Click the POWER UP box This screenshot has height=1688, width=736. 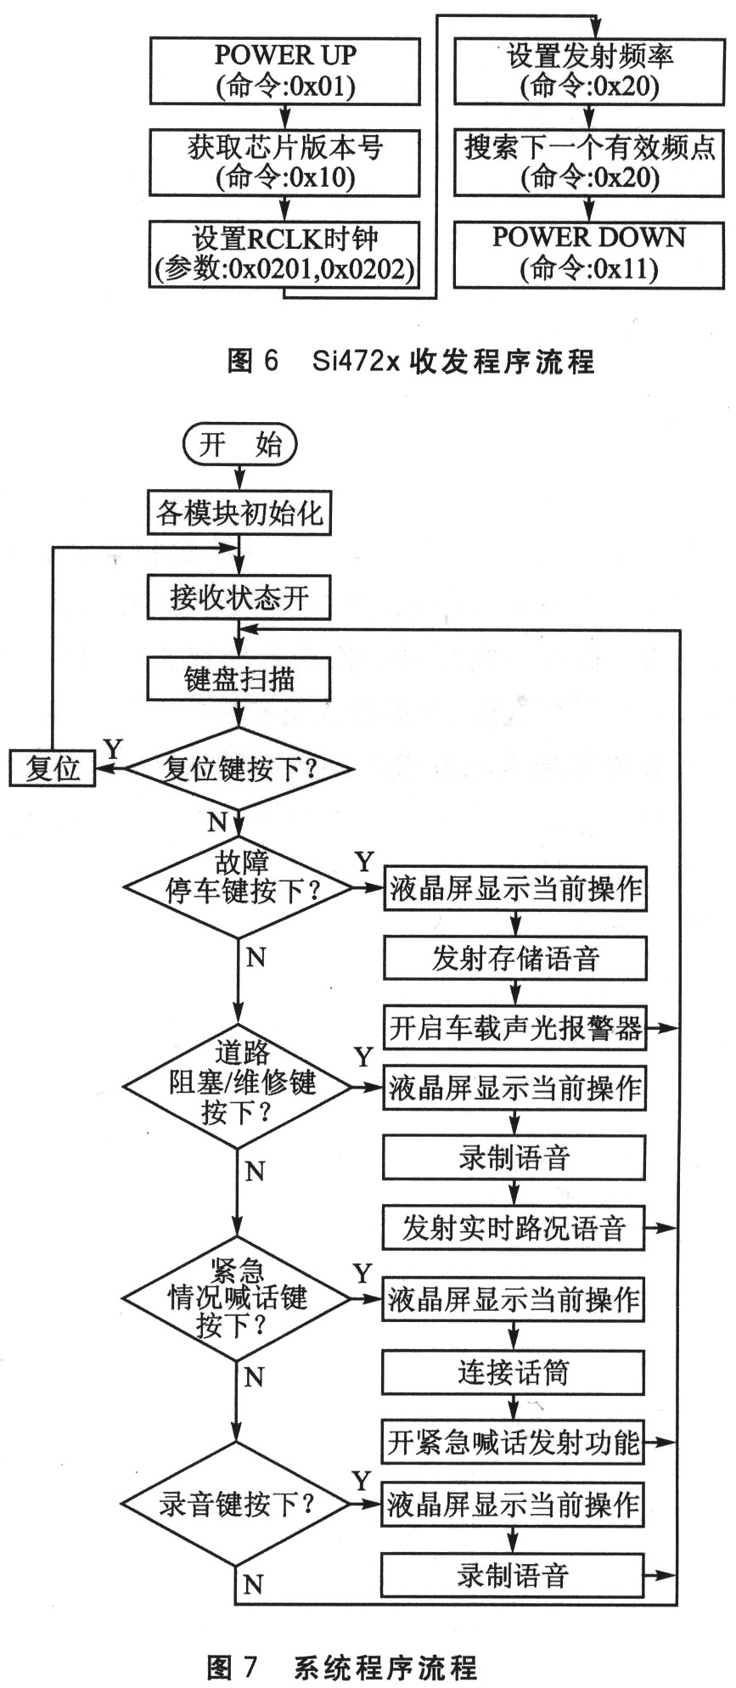point(284,70)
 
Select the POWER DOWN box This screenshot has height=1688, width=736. point(588,253)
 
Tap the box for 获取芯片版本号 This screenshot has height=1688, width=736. point(284,161)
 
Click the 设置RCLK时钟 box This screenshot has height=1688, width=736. point(284,254)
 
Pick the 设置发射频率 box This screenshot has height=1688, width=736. point(588,70)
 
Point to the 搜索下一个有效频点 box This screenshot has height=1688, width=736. point(588,161)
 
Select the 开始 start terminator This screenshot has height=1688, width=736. point(240,445)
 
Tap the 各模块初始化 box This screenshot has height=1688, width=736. point(239,513)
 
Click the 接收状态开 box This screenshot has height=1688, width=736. point(239,597)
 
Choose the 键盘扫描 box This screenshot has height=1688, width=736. point(239,679)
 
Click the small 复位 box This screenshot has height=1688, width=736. point(52,768)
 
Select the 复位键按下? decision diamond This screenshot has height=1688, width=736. point(239,769)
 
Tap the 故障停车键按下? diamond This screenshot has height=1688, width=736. point(239,878)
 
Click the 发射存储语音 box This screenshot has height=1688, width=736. point(514,959)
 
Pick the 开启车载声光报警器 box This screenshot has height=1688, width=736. point(514,1028)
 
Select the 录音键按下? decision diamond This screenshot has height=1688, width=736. point(236,1505)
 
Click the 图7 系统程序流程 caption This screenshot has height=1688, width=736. point(342,1667)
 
